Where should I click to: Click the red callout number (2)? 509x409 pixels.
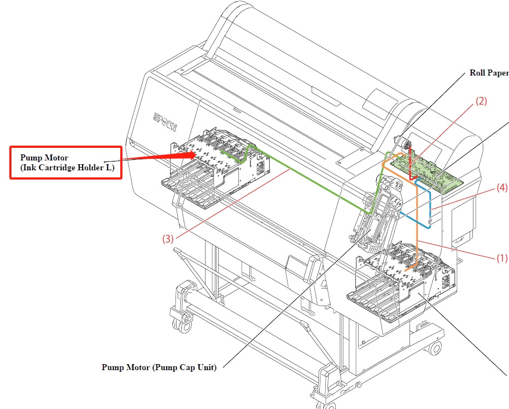point(481,101)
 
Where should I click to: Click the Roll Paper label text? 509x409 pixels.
point(489,73)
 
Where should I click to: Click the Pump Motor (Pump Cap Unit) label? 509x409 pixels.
point(159,367)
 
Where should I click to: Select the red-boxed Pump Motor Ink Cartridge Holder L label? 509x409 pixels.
point(65,163)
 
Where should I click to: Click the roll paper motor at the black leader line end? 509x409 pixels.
point(404,143)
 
